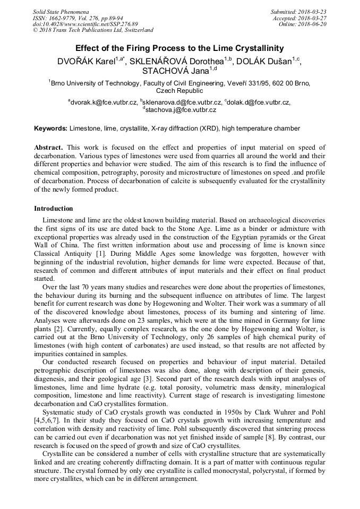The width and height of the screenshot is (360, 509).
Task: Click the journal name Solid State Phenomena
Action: [x=61, y=12]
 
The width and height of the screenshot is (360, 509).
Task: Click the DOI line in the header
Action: [x=85, y=24]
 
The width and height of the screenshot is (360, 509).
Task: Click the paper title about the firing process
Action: [x=179, y=48]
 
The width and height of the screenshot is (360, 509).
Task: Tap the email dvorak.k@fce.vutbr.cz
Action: [x=104, y=102]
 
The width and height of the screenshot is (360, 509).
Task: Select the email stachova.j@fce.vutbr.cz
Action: [x=181, y=110]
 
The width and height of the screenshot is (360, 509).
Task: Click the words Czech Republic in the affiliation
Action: [x=179, y=91]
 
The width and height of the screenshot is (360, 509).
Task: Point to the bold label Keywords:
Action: [x=50, y=128]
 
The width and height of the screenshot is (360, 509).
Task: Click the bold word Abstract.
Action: [x=48, y=148]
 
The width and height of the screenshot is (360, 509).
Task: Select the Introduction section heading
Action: [x=54, y=209]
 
